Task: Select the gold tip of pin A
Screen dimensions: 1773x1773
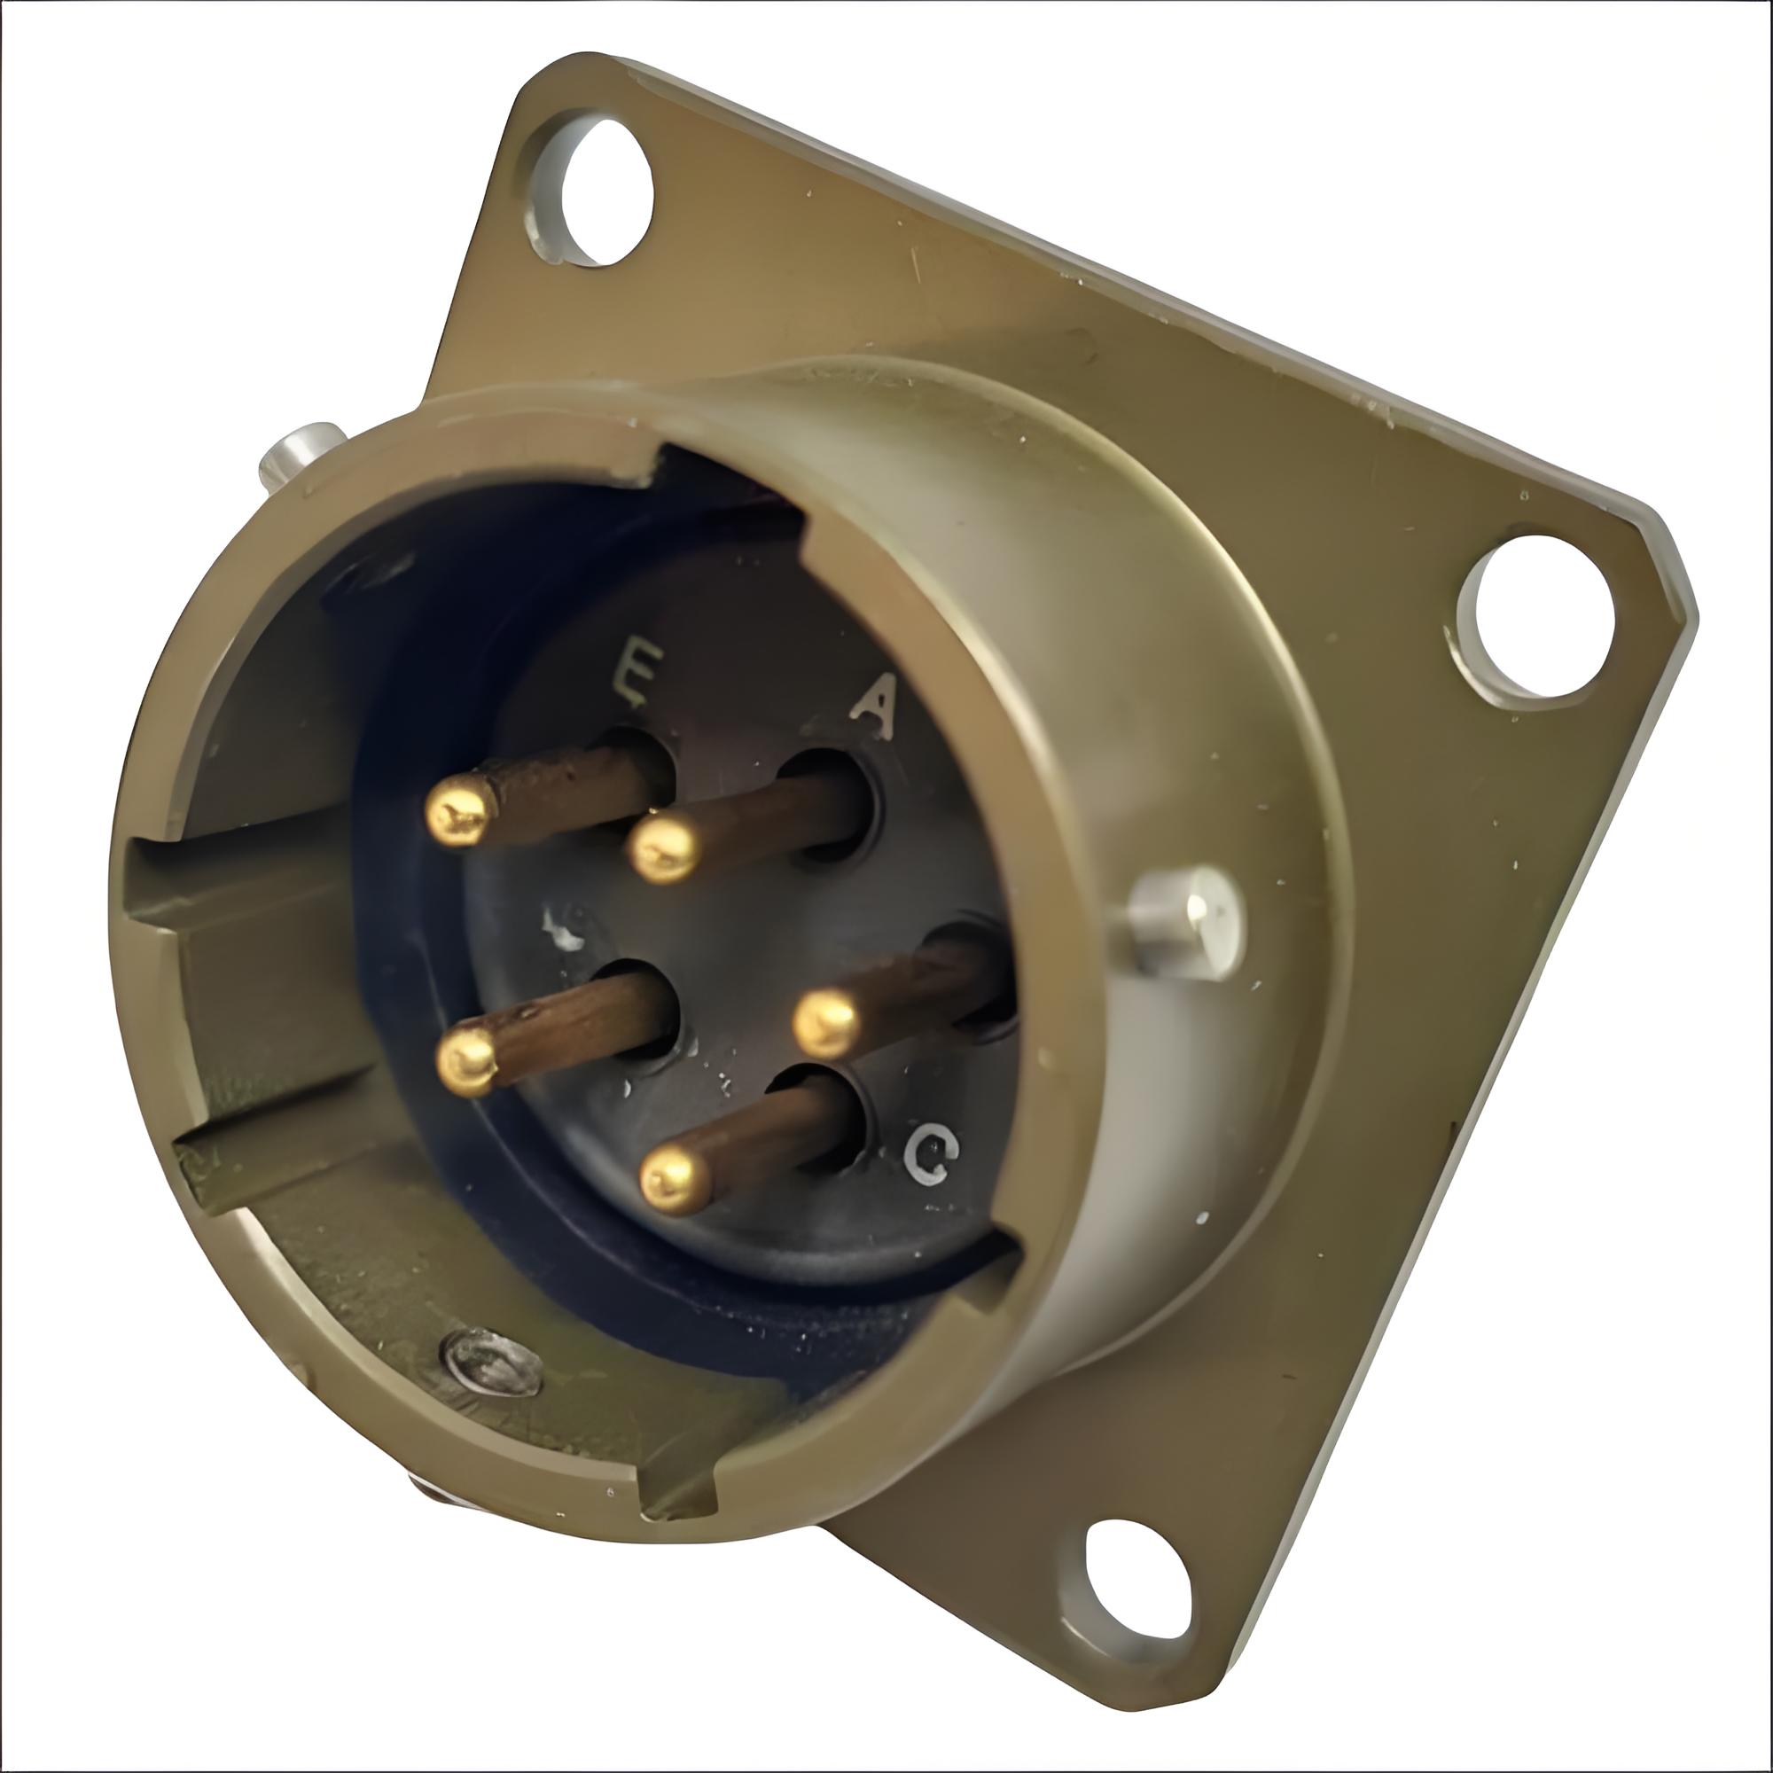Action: coord(664,850)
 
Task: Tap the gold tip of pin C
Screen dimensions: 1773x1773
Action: coord(676,1183)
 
